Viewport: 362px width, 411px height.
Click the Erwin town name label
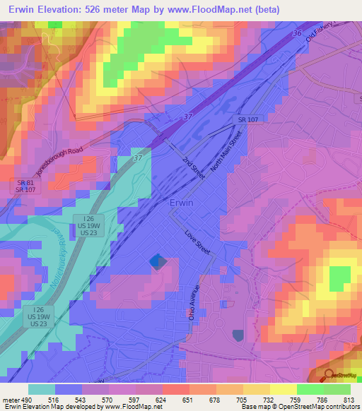click(182, 203)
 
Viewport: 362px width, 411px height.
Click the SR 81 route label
click(25, 182)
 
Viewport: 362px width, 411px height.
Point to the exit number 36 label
click(296, 33)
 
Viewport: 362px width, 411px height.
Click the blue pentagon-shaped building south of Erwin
click(158, 263)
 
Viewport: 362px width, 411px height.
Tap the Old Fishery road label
click(325, 32)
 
